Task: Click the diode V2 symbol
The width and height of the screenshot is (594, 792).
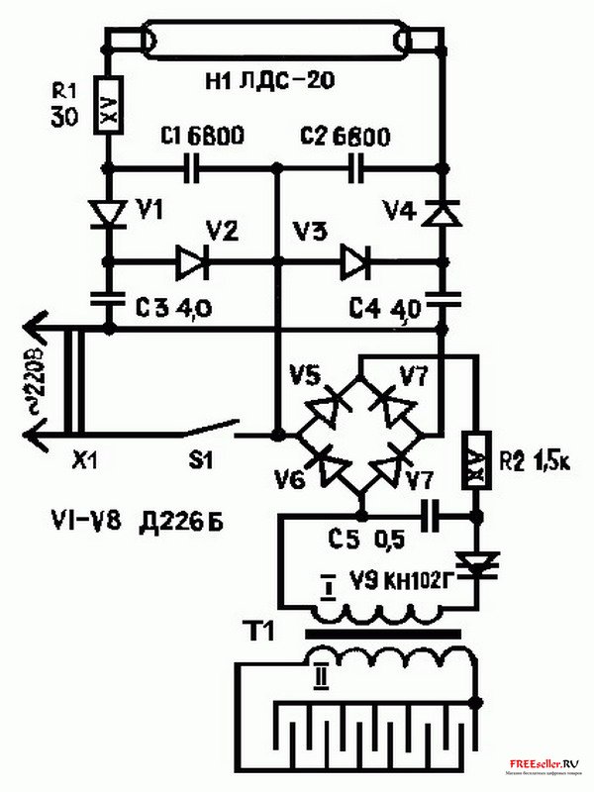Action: pos(190,263)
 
